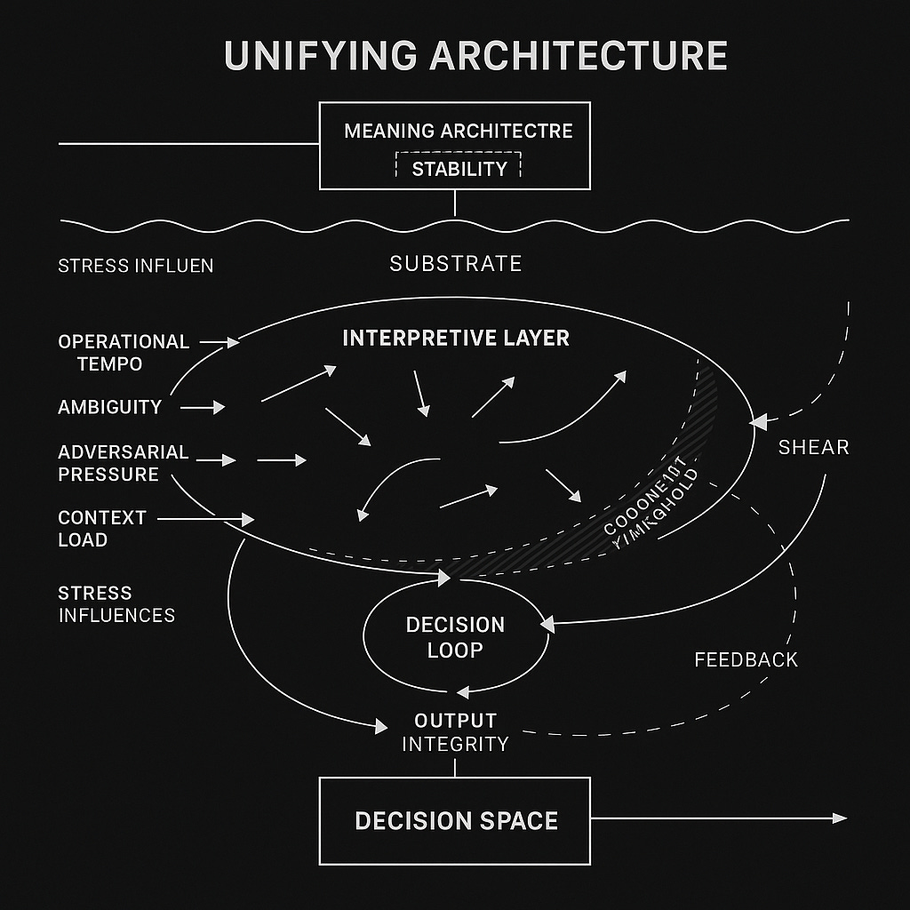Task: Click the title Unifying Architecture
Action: click(x=475, y=55)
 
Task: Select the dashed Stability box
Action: click(x=459, y=168)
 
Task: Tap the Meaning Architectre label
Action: click(x=458, y=132)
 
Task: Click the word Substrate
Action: click(x=455, y=263)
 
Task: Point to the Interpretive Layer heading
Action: click(x=455, y=338)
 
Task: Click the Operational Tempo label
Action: click(x=123, y=353)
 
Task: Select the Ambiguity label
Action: click(x=109, y=407)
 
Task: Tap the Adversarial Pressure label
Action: click(x=123, y=463)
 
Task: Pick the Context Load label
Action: click(x=101, y=528)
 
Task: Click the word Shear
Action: click(x=813, y=447)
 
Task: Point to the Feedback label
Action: click(x=746, y=659)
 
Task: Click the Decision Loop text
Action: click(x=455, y=637)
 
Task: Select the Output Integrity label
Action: click(x=455, y=731)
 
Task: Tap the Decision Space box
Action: click(x=455, y=820)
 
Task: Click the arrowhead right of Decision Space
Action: click(x=840, y=818)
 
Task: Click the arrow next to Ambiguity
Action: click(x=204, y=407)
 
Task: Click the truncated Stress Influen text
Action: click(x=135, y=266)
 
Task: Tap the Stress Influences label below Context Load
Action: click(x=116, y=603)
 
